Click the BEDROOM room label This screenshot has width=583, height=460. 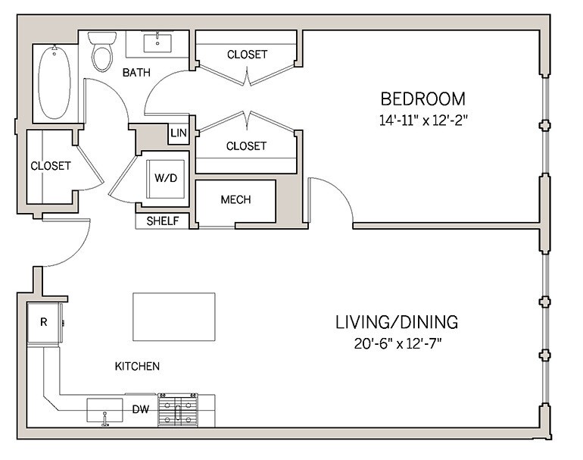point(422,99)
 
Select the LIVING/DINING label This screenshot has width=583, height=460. point(396,322)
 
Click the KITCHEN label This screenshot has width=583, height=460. point(137,367)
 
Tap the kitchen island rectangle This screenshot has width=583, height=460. point(173,317)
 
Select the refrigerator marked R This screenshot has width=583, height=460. point(44,321)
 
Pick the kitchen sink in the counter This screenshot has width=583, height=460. point(104,411)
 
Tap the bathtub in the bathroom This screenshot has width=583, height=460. point(54,82)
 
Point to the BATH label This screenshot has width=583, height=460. point(137,73)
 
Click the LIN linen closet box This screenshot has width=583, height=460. point(179,133)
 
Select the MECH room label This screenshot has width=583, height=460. point(235,200)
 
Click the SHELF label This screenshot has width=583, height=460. point(163,221)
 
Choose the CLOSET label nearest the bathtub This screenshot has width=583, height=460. point(51,165)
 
